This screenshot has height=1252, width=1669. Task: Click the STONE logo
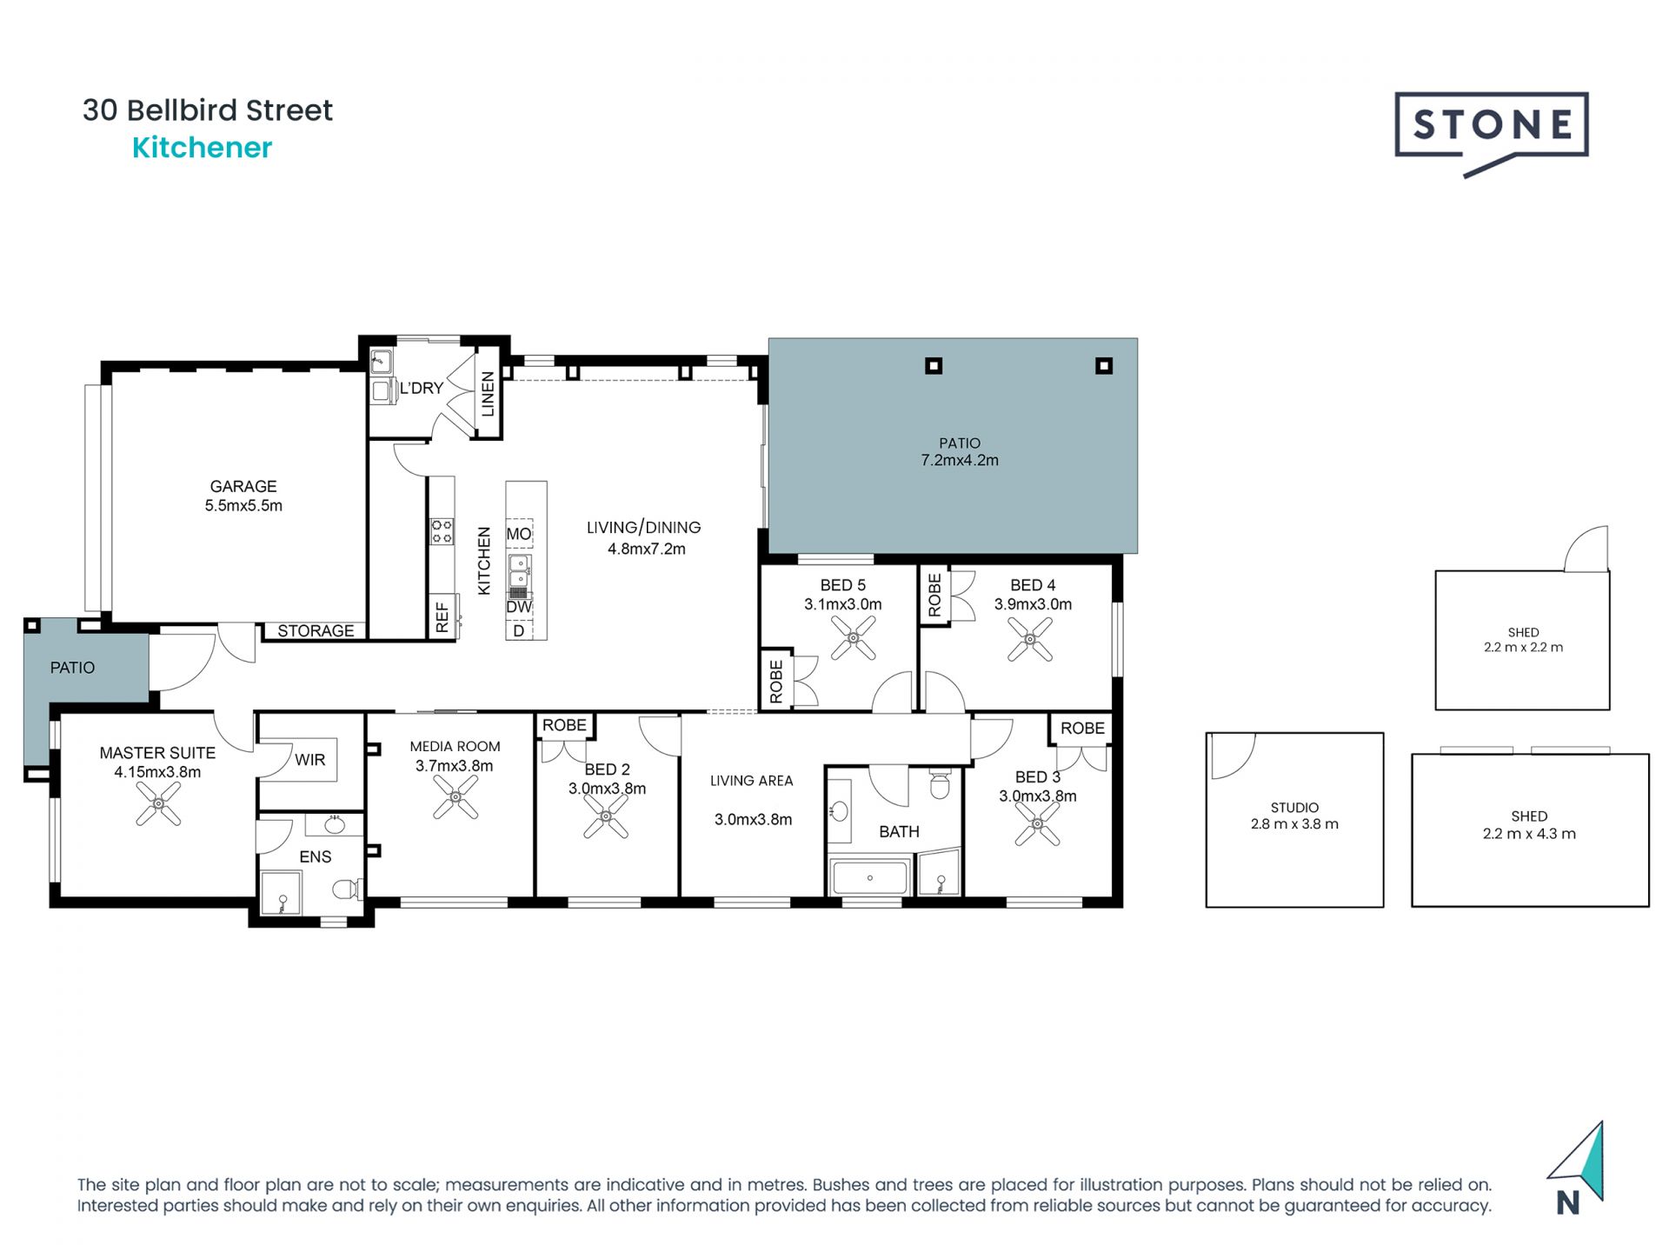coord(1491,127)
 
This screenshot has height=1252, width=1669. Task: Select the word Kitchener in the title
coord(202,148)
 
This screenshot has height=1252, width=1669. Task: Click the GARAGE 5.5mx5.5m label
coord(243,496)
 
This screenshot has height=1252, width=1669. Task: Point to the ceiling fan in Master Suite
coord(159,803)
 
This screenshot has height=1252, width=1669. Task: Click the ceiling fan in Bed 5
coord(853,639)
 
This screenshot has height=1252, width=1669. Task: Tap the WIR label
coord(309,760)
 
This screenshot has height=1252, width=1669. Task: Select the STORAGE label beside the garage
coord(316,631)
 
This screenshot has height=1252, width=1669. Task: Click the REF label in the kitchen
coord(442,617)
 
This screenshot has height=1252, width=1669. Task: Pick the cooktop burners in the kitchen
coord(442,531)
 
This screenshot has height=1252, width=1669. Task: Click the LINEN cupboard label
coord(488,394)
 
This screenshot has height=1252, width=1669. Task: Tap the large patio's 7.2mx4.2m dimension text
coord(960,461)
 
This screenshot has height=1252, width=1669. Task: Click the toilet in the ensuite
coord(347,889)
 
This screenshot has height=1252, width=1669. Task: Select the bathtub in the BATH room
coord(869,877)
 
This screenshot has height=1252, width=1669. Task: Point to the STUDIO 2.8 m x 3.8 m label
coord(1294,816)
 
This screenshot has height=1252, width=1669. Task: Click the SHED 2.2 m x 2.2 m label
coord(1523,640)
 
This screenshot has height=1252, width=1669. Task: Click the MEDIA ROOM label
coord(455,747)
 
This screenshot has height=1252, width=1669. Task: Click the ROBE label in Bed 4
coord(934,595)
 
